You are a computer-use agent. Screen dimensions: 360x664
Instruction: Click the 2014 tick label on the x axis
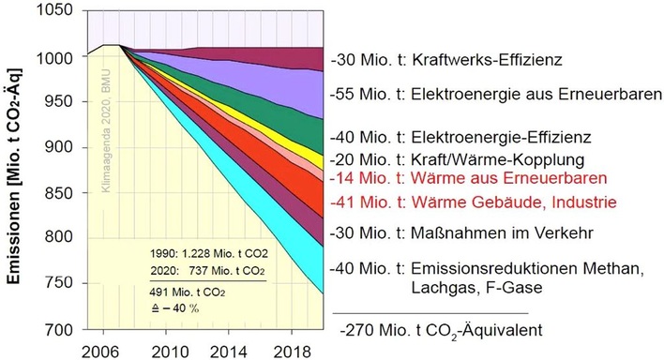(222, 350)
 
